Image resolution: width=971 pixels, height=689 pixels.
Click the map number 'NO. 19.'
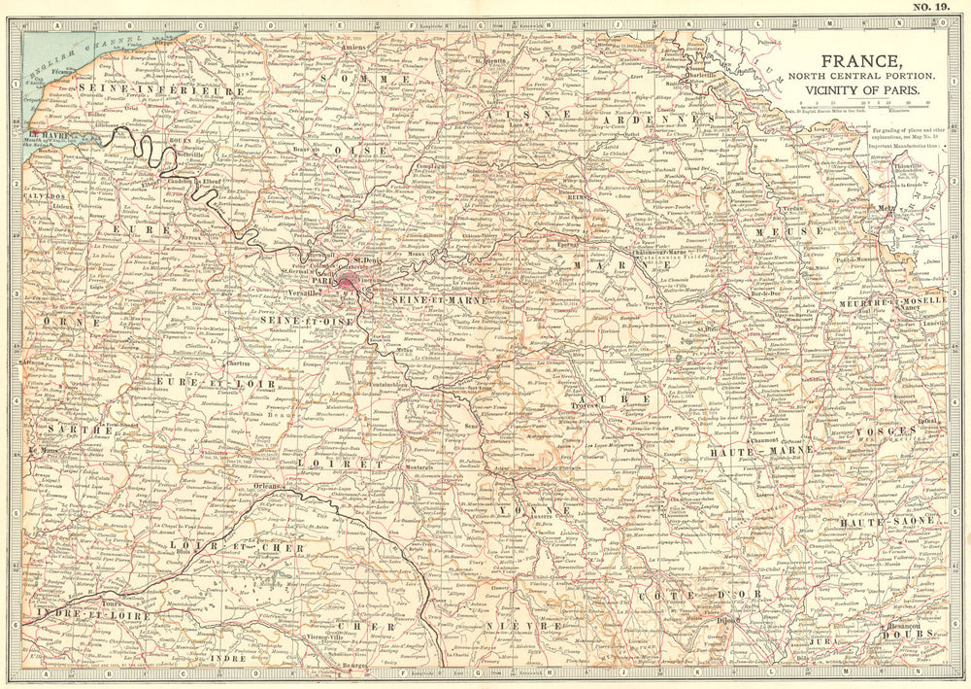(x=932, y=9)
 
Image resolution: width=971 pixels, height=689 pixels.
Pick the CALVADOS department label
(x=44, y=194)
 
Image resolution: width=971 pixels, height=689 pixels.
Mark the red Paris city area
(x=349, y=280)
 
